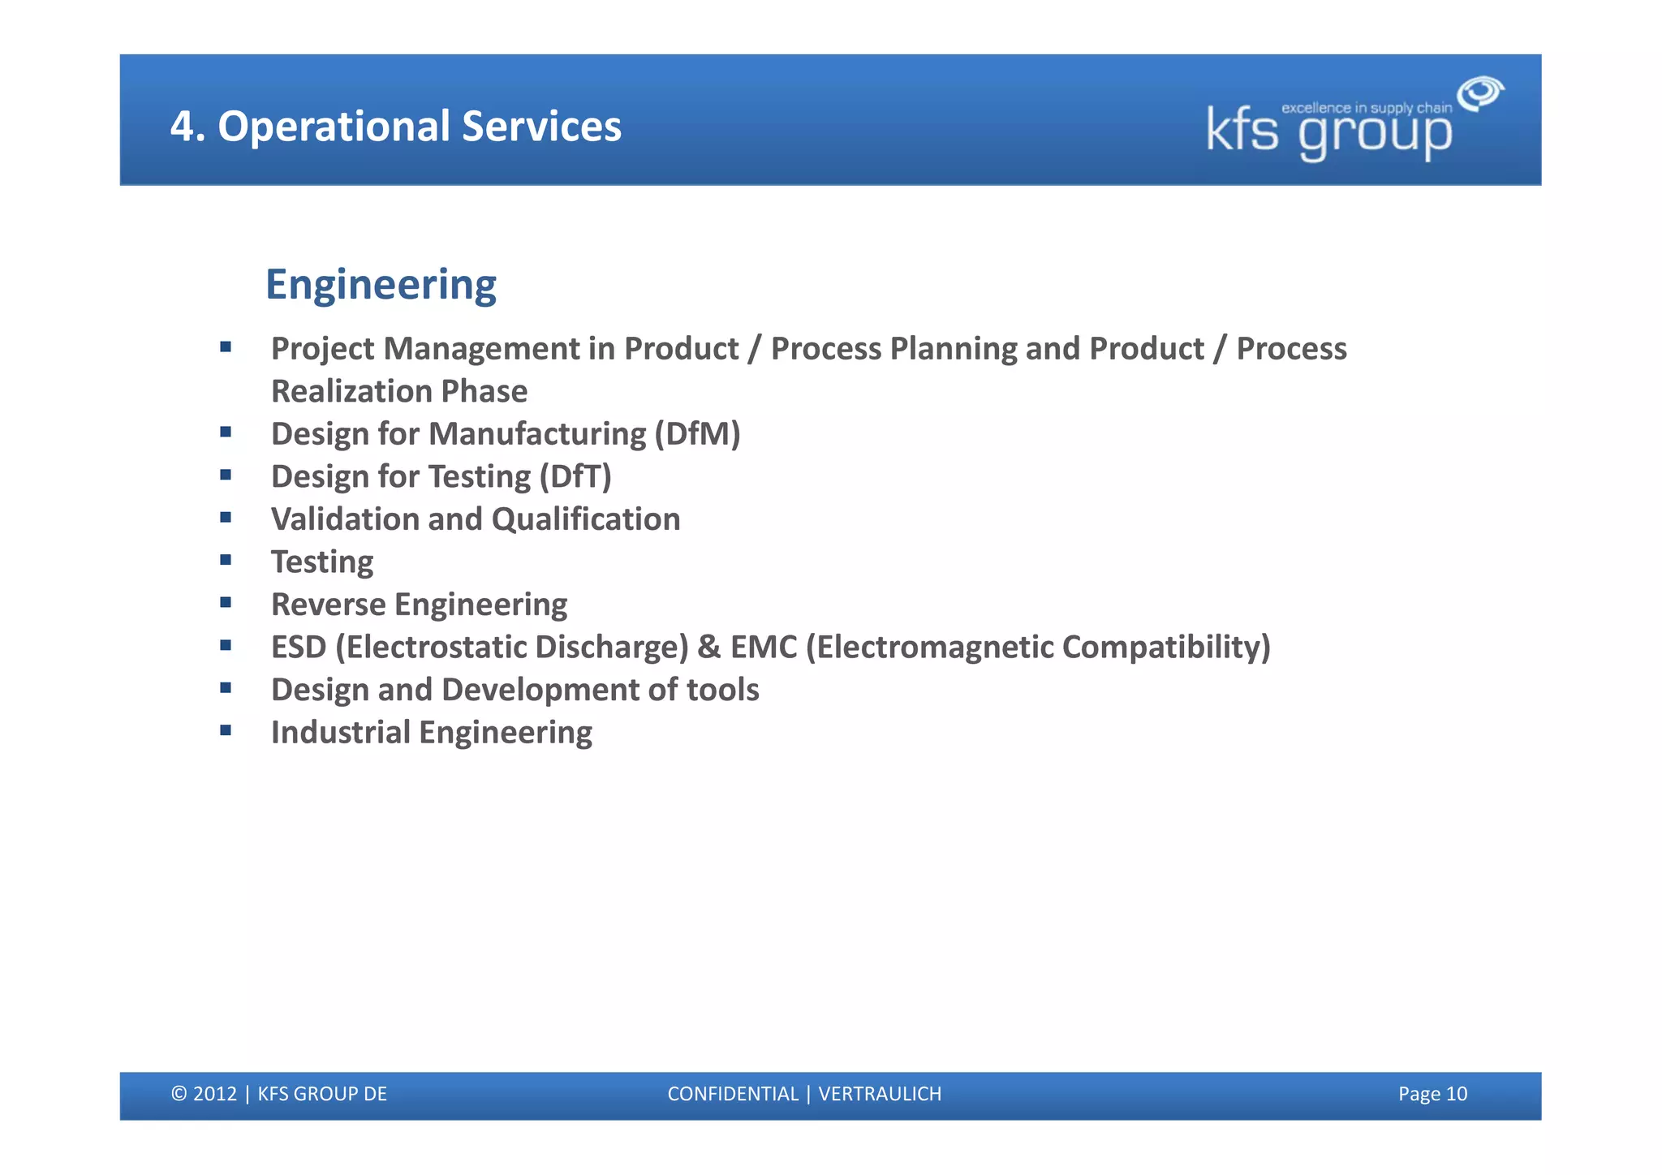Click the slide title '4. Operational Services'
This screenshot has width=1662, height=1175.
tap(395, 127)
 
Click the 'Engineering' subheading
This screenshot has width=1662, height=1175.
tap(381, 285)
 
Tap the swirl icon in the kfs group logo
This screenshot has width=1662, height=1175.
tap(1480, 93)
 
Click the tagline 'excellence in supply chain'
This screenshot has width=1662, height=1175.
tap(1366, 108)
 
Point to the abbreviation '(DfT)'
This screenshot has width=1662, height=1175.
tap(575, 477)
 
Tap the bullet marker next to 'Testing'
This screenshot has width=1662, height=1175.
tap(226, 560)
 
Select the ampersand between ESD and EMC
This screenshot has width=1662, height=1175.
tap(708, 648)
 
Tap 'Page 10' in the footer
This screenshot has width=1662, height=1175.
tap(1432, 1094)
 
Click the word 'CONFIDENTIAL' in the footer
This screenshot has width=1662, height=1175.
tap(733, 1094)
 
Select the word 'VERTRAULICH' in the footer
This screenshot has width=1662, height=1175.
tap(880, 1094)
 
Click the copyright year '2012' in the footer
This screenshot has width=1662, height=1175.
tap(215, 1094)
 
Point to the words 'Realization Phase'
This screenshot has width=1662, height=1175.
tap(399, 392)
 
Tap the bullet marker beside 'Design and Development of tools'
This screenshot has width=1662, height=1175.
tap(226, 688)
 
